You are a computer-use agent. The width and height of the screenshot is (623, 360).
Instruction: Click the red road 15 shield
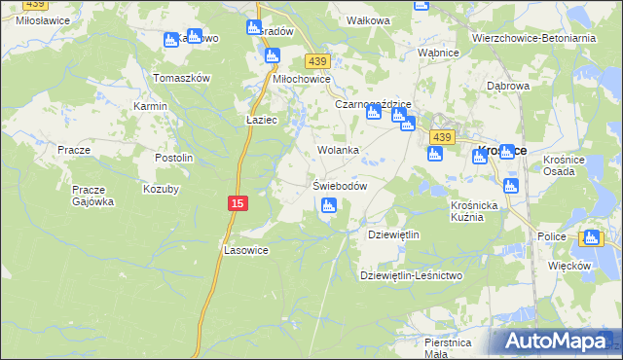click(238, 202)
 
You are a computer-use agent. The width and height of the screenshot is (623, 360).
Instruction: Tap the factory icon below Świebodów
click(329, 205)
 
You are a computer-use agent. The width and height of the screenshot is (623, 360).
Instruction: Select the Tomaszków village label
click(182, 78)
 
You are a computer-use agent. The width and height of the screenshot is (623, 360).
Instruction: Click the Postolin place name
click(174, 158)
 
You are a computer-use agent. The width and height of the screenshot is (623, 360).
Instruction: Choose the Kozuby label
click(161, 188)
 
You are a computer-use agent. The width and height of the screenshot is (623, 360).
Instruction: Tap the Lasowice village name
click(246, 250)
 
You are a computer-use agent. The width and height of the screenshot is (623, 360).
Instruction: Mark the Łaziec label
click(263, 120)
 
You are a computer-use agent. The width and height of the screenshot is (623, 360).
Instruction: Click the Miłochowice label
click(302, 79)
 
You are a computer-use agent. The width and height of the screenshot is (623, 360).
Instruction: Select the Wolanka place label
click(339, 151)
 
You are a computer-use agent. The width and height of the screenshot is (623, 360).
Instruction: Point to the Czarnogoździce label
click(374, 103)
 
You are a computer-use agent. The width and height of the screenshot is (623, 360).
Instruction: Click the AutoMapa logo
click(551, 341)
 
